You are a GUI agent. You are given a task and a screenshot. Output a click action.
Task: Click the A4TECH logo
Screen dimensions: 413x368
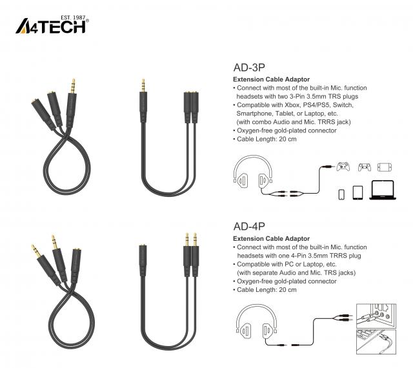click(x=52, y=26)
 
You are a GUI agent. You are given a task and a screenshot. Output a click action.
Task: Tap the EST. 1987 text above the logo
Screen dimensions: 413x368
click(x=73, y=17)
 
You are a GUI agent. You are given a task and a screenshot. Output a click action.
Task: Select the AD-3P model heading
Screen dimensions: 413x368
click(x=249, y=68)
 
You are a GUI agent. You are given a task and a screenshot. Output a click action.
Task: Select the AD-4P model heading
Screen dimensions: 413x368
click(x=249, y=227)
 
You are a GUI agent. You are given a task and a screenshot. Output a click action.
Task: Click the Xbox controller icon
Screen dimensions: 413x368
click(x=343, y=167)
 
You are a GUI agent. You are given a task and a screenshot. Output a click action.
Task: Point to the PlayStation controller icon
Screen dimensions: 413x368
click(x=364, y=167)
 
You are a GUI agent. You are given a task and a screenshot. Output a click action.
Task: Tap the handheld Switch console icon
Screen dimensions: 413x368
click(x=385, y=167)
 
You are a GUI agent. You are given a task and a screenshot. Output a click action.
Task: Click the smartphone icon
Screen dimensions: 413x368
click(x=341, y=194)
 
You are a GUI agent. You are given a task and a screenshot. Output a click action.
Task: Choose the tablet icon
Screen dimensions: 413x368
click(x=358, y=192)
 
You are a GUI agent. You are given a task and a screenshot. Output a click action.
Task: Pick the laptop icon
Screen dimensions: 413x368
click(x=383, y=190)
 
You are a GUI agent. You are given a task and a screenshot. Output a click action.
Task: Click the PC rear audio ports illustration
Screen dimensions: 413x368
click(x=376, y=316)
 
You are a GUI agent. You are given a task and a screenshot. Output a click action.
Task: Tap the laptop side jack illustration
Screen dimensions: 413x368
click(x=376, y=342)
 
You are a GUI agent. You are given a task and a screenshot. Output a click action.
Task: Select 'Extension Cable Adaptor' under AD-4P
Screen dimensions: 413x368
click(x=271, y=239)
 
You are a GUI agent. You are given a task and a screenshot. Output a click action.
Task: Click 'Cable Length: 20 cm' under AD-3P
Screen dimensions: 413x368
click(x=267, y=139)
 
